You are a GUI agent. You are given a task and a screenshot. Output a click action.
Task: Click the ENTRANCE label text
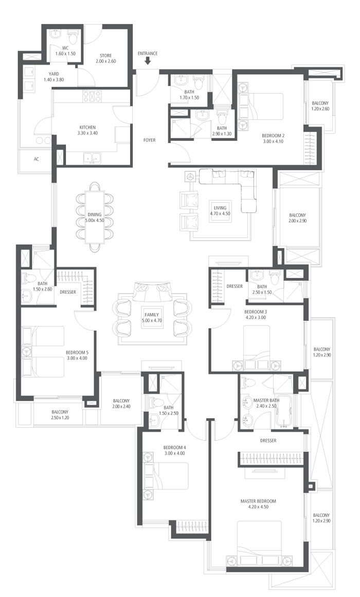(148, 53)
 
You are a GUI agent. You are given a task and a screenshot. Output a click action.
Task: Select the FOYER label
(149, 140)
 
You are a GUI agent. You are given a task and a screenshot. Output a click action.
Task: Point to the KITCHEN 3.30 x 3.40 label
(87, 130)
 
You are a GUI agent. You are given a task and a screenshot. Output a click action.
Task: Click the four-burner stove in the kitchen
(92, 96)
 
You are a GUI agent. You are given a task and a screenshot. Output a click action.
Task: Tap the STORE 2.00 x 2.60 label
(105, 58)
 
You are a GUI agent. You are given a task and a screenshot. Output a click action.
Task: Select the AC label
(36, 159)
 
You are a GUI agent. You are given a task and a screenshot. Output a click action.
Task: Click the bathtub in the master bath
(283, 411)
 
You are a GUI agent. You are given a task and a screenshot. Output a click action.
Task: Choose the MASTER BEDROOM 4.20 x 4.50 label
(258, 504)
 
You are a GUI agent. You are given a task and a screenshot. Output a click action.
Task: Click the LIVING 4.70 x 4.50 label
(220, 210)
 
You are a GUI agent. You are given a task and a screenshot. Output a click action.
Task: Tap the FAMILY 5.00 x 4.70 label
(152, 318)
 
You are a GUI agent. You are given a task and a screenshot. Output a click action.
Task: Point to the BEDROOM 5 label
(77, 353)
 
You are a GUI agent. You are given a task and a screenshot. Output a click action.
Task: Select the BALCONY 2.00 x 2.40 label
(121, 404)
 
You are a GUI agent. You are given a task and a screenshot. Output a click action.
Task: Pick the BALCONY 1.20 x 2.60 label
(320, 106)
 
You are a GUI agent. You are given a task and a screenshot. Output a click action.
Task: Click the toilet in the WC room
(73, 38)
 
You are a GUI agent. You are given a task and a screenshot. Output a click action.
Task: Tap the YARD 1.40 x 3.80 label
(53, 77)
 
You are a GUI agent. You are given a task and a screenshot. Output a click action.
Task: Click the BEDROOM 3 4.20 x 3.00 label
(255, 315)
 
